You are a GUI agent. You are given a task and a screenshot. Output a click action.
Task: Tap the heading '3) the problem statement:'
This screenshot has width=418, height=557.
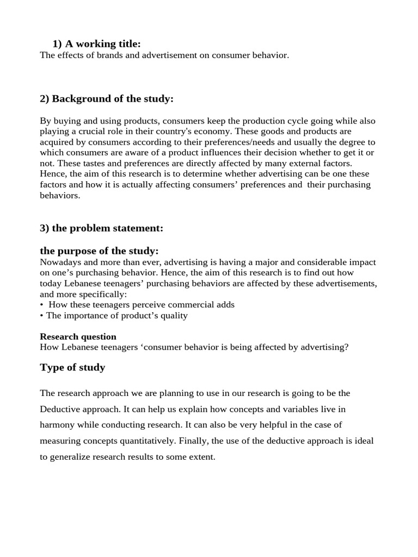pos(101,228)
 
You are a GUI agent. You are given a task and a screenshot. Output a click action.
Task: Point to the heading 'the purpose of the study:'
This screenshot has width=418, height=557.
pos(99,251)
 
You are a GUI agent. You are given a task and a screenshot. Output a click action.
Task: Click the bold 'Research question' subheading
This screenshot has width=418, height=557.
pos(78,336)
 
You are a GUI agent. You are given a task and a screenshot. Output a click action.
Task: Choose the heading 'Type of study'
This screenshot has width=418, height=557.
pos(72,367)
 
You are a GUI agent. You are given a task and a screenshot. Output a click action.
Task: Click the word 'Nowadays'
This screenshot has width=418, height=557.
pos(59,262)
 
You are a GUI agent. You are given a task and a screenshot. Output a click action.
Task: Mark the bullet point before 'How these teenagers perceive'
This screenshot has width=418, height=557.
pos(42,305)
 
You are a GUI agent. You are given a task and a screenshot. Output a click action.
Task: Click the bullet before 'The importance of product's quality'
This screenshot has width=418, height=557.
pos(42,315)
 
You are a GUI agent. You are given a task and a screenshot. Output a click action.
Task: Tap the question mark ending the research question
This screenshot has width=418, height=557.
pos(346,347)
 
